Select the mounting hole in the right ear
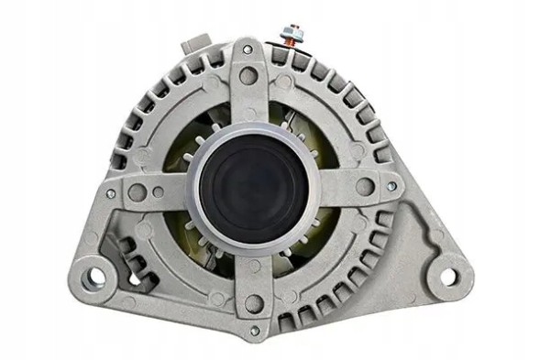(x=447, y=274)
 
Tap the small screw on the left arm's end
(x=111, y=193)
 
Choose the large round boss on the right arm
(x=365, y=188)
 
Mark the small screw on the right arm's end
(x=391, y=188)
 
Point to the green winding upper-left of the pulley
(x=200, y=137)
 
